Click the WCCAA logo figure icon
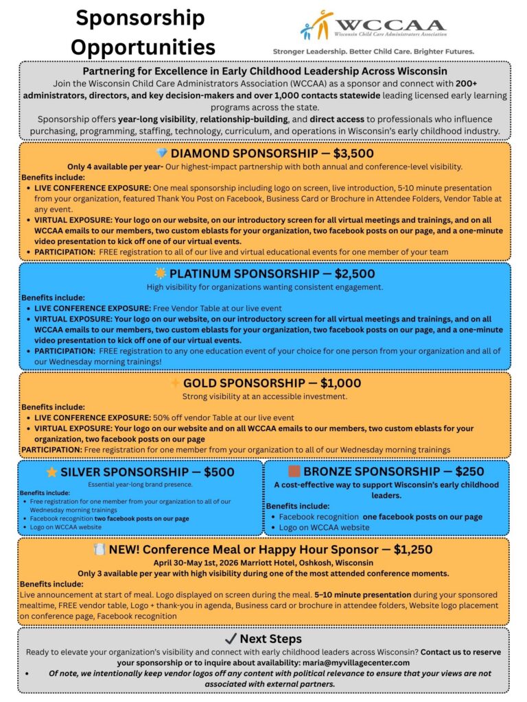point(317,26)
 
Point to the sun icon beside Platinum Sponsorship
point(161,274)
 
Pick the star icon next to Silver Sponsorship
point(51,472)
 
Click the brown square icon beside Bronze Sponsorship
point(294,472)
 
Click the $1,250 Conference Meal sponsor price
point(412,549)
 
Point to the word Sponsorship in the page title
point(140,17)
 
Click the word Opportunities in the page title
point(143,47)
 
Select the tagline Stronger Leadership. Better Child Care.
point(373,51)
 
